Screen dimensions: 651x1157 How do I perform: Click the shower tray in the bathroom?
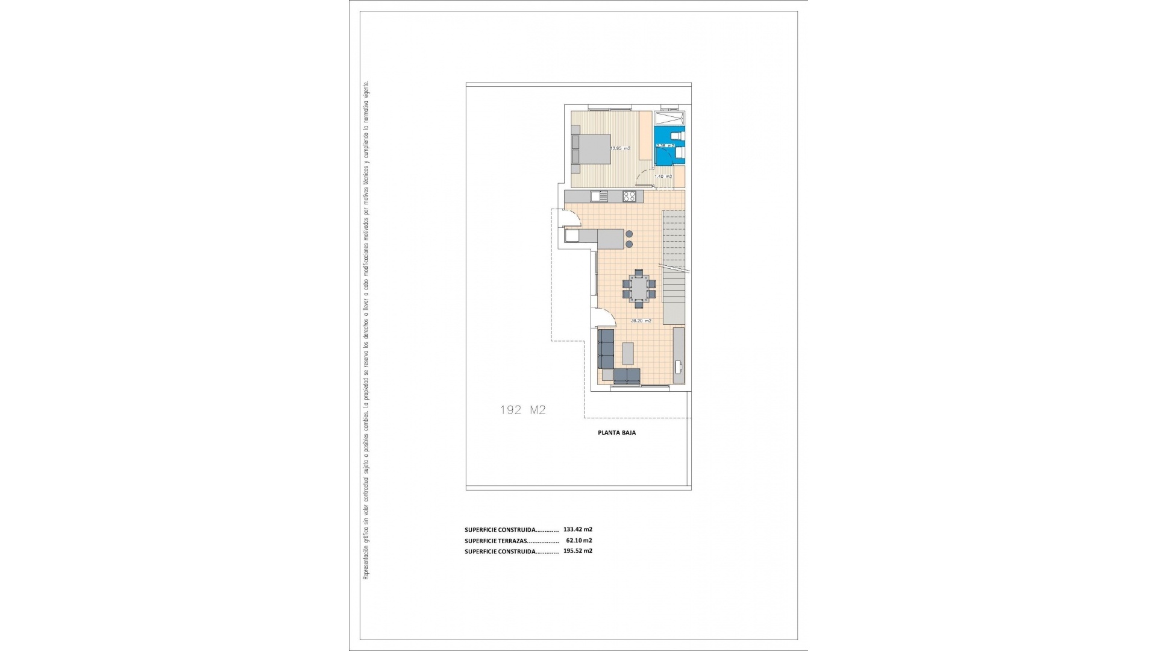pyautogui.click(x=669, y=118)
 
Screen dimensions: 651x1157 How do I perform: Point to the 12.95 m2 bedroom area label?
pyautogui.click(x=620, y=148)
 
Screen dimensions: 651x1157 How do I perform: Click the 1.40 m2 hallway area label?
pyautogui.click(x=663, y=177)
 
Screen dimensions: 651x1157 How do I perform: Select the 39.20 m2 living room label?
pyautogui.click(x=641, y=321)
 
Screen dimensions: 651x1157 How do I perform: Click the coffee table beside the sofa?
pyautogui.click(x=628, y=353)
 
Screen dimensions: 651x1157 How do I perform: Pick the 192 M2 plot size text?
pyautogui.click(x=522, y=410)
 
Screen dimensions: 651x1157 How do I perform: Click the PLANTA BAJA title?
pyautogui.click(x=616, y=433)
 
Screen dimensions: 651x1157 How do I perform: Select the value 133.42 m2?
pyautogui.click(x=577, y=529)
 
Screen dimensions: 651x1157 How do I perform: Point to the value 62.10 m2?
pyautogui.click(x=578, y=540)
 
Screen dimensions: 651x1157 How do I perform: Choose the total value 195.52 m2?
pyautogui.click(x=577, y=551)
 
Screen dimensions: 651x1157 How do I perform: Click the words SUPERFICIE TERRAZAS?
pyautogui.click(x=496, y=541)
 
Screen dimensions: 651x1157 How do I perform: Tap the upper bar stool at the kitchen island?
pyautogui.click(x=630, y=234)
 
